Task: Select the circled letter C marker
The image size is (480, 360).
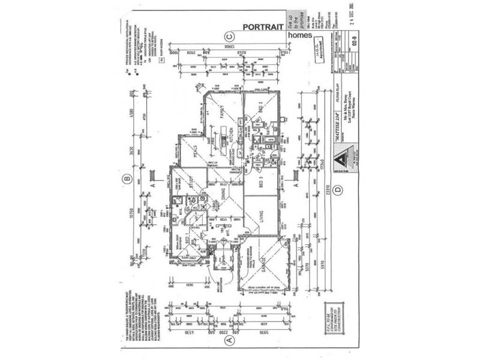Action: (228, 35)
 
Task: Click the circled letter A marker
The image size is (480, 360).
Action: (228, 340)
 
